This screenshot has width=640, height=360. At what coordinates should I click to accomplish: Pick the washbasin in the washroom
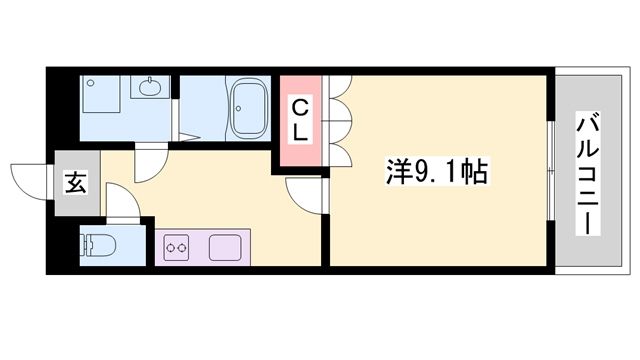150,88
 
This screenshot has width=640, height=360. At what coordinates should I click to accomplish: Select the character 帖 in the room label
474,174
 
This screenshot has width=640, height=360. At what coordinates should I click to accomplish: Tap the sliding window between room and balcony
551,170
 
